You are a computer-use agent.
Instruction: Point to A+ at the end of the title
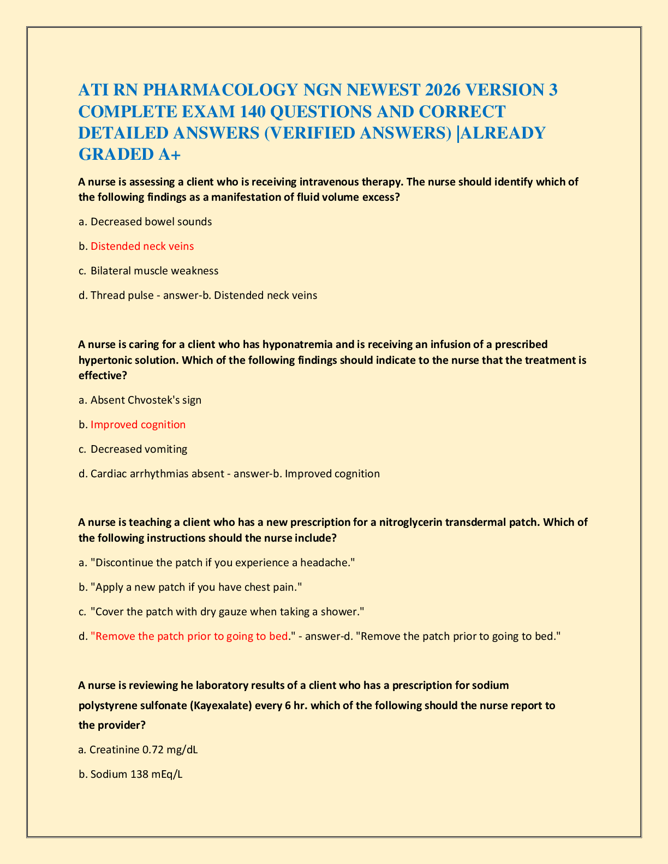167,154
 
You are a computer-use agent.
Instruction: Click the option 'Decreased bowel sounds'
151,222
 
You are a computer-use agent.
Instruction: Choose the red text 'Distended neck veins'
142,247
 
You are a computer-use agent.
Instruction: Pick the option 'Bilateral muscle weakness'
154,271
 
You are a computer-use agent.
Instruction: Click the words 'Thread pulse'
122,296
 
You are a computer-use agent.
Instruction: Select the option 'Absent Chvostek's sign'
146,400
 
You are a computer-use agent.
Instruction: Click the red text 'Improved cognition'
138,425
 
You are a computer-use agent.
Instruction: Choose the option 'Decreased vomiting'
139,449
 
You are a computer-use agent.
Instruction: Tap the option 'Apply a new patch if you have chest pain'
196,587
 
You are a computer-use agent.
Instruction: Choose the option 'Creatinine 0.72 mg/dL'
144,750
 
